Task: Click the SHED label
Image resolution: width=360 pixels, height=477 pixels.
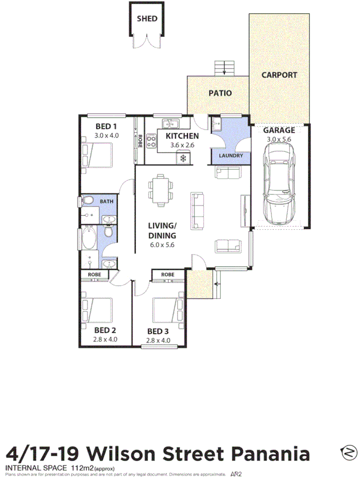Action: (x=147, y=18)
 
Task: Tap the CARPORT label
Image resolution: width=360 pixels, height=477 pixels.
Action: (x=279, y=75)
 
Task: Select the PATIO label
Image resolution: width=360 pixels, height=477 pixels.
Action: (x=220, y=93)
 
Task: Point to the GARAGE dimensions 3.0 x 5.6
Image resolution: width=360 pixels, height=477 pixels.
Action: (x=279, y=139)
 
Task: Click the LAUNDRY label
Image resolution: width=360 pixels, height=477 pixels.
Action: (x=230, y=156)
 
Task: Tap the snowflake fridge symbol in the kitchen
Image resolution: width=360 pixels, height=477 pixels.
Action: (x=183, y=157)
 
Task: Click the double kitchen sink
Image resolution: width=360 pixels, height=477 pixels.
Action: (x=170, y=124)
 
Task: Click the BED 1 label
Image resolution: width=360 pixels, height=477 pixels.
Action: (x=106, y=126)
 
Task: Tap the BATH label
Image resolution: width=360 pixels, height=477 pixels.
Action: (x=107, y=201)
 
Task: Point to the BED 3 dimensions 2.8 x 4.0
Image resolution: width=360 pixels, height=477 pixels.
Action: (x=158, y=340)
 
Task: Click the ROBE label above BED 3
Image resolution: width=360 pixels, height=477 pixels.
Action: (x=168, y=275)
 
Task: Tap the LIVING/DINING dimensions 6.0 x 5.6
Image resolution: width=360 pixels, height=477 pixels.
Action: (x=162, y=245)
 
